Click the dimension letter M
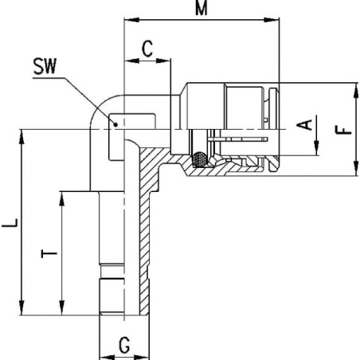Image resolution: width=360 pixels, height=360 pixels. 202,8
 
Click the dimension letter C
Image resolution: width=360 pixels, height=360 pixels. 147,49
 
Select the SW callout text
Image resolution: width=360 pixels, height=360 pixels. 45,66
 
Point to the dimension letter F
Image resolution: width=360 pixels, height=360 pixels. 343,130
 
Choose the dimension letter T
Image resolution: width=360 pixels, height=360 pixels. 49,253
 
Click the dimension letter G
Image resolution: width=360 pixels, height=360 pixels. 124,345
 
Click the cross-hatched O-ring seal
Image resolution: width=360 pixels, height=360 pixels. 200,159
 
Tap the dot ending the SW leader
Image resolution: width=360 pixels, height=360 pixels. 115,124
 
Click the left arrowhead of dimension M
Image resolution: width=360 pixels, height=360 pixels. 131,20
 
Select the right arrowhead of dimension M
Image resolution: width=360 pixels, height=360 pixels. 272,20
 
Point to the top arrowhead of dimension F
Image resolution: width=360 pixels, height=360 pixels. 356,90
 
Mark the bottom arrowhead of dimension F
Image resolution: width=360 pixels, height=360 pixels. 356,168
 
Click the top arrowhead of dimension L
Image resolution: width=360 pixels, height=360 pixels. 22,137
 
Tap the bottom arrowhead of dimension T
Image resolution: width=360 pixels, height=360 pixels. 62,308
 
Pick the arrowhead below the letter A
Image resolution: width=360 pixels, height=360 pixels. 316,148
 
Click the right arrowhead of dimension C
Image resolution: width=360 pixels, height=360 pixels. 162,61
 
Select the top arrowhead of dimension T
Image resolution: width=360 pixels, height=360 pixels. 62,199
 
